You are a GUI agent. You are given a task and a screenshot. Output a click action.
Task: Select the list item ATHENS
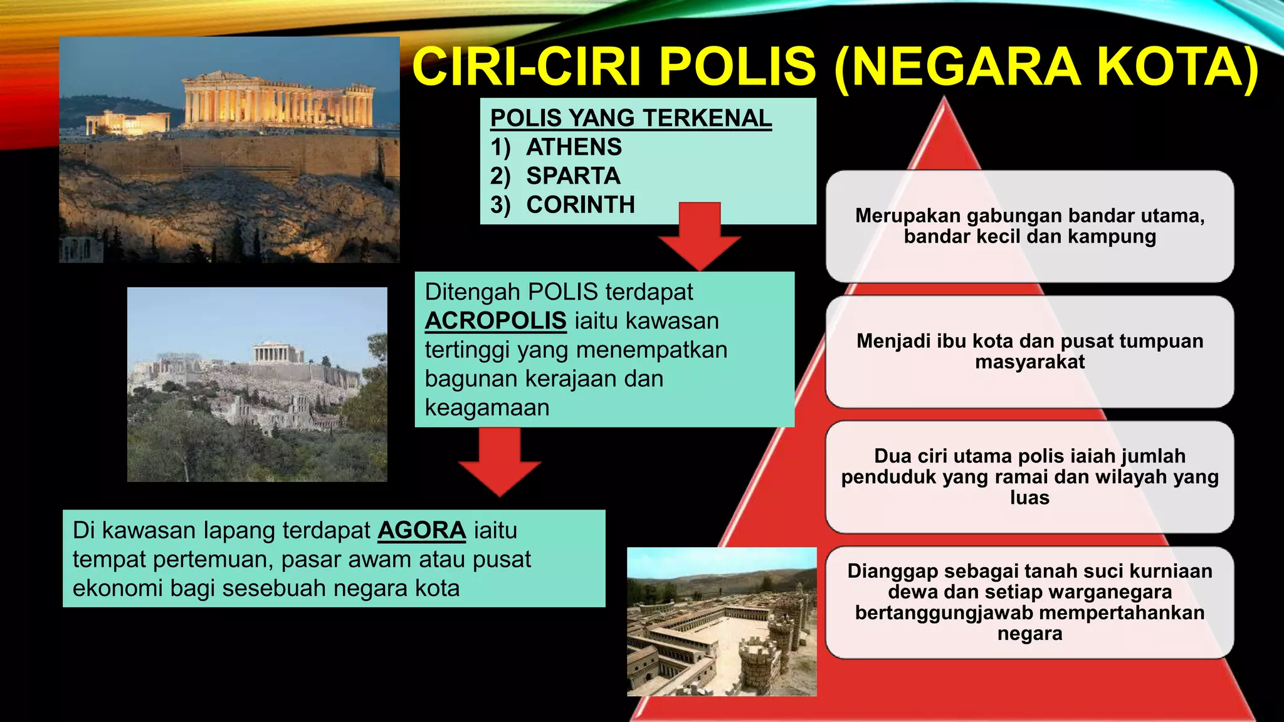574,147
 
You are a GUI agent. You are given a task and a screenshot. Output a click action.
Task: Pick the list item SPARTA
573,176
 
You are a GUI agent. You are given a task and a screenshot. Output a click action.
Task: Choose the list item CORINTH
581,205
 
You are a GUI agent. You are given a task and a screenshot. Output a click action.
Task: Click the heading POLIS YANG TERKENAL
631,118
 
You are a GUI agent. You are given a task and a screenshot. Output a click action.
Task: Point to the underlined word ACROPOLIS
495,321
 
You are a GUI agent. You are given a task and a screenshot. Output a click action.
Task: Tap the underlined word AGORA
421,531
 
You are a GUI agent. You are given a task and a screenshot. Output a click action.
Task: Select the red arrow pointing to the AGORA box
500,464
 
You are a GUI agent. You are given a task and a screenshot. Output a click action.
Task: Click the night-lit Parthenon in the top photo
279,100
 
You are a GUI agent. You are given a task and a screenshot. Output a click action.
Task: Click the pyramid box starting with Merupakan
1029,226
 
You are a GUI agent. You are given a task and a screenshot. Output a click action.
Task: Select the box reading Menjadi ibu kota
1029,352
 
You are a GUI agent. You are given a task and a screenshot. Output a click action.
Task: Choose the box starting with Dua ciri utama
1029,477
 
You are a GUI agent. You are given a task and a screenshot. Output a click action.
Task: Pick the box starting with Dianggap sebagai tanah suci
1029,602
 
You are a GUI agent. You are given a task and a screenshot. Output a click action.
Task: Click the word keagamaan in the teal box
487,408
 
